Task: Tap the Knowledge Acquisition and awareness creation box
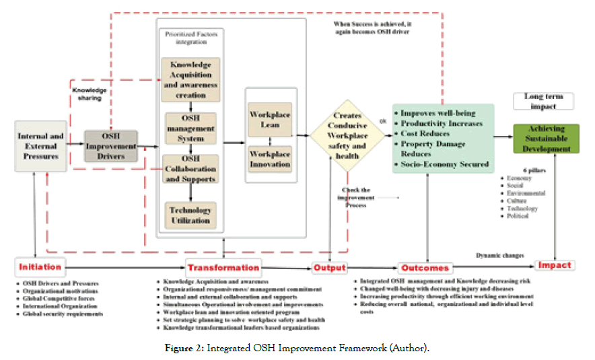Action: click(190, 80)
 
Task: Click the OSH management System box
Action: click(190, 128)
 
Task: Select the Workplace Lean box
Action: click(269, 120)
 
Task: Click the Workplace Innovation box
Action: click(269, 159)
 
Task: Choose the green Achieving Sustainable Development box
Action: click(546, 138)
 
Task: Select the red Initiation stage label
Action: click(40, 266)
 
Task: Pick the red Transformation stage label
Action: click(223, 267)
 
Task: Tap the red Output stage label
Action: click(330, 267)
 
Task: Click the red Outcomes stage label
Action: click(425, 268)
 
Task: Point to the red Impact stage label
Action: click(555, 265)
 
